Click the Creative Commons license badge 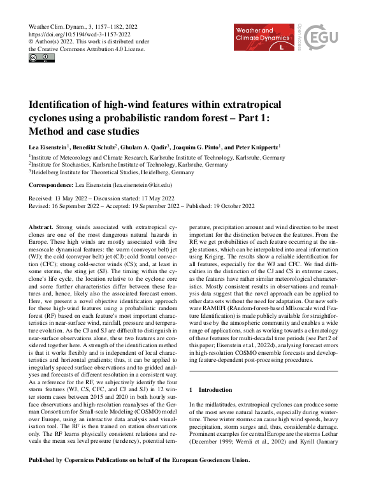[x=41, y=58]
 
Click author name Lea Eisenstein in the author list [x=48, y=146]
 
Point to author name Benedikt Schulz [x=96, y=146]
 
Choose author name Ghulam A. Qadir [x=144, y=146]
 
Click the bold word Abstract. [x=41, y=227]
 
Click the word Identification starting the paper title [x=61, y=105]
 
